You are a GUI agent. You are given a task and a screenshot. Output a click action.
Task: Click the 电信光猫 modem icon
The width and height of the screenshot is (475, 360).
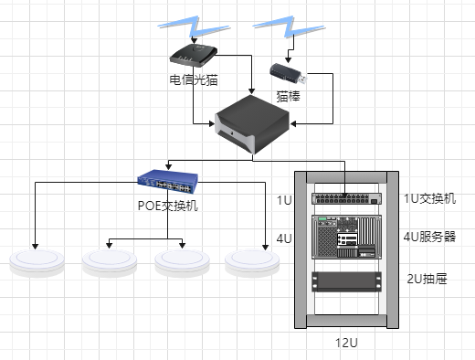click(x=194, y=55)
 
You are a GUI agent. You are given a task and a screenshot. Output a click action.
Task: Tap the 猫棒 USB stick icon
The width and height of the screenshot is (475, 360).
click(x=289, y=73)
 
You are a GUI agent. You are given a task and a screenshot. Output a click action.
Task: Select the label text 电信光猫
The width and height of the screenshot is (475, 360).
click(x=194, y=79)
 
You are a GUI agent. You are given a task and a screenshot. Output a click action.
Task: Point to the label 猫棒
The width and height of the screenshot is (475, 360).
click(x=288, y=96)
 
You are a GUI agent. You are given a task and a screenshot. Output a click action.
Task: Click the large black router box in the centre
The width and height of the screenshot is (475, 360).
click(x=252, y=124)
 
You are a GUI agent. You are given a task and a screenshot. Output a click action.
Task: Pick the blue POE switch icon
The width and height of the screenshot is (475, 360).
click(x=168, y=182)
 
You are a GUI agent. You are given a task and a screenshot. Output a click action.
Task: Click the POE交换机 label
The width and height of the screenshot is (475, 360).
click(x=168, y=206)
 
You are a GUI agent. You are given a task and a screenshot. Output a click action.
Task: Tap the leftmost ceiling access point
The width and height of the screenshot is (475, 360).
click(x=37, y=262)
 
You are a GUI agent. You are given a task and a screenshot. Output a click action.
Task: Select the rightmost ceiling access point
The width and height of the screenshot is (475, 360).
click(x=252, y=262)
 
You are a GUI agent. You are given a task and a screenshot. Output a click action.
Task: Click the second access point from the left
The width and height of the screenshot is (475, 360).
click(x=110, y=262)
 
